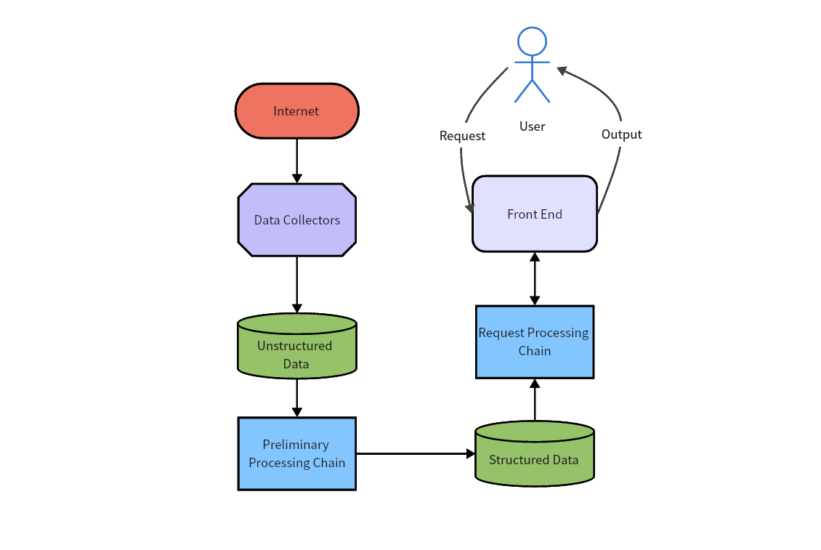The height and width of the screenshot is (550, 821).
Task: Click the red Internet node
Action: [x=296, y=111]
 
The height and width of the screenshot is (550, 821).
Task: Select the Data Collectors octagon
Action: [x=296, y=220]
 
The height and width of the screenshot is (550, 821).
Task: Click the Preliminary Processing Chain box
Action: [x=296, y=453]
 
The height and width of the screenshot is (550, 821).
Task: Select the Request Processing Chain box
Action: [x=534, y=341]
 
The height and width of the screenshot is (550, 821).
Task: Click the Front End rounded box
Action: [x=534, y=214]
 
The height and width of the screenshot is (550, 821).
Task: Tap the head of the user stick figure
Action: [x=532, y=41]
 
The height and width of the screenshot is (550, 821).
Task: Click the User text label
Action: [x=532, y=126]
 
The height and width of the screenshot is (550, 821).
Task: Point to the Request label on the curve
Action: [x=462, y=136]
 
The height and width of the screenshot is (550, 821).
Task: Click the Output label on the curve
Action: [x=621, y=134]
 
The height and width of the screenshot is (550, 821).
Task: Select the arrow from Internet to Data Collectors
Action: [x=296, y=160]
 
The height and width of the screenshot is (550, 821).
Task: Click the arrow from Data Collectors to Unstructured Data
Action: [x=296, y=283]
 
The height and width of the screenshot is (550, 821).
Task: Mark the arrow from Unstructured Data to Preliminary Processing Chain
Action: [x=296, y=397]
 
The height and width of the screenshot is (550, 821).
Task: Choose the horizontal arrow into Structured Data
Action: [x=414, y=453]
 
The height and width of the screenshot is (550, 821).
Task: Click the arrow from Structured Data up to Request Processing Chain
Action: [x=535, y=400]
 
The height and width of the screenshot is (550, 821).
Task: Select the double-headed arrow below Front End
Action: [x=535, y=278]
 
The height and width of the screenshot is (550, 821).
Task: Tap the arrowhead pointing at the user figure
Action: [x=562, y=70]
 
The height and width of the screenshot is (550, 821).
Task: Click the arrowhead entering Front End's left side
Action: [x=469, y=208]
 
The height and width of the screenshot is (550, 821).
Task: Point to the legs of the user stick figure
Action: [x=532, y=92]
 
